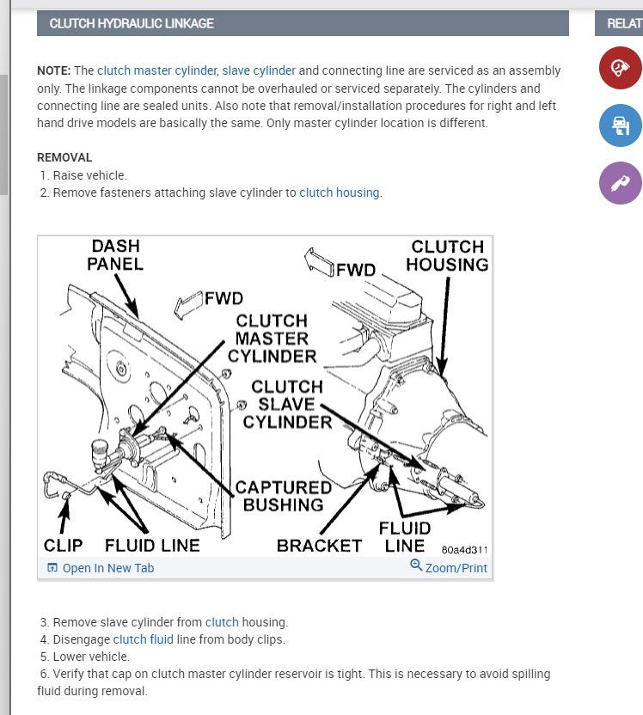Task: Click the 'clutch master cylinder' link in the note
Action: click(157, 70)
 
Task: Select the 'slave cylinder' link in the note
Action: click(259, 70)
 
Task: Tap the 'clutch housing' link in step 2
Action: click(340, 192)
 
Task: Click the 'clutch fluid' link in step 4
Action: click(143, 639)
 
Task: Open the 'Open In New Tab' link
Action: click(101, 568)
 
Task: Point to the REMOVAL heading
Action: click(64, 158)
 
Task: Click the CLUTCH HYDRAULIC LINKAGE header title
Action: click(132, 23)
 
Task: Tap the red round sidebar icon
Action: click(620, 68)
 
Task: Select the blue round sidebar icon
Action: click(620, 125)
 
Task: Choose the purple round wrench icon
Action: click(620, 183)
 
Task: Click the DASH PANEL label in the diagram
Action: click(115, 255)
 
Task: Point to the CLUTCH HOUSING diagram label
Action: click(447, 256)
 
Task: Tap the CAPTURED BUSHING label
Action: click(283, 497)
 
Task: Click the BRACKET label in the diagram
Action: click(320, 546)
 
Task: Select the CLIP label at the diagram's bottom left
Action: click(63, 546)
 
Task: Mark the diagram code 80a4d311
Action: click(463, 549)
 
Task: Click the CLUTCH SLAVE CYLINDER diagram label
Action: click(287, 404)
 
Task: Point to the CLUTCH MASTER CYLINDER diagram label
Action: click(272, 338)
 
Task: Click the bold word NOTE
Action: click(53, 70)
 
